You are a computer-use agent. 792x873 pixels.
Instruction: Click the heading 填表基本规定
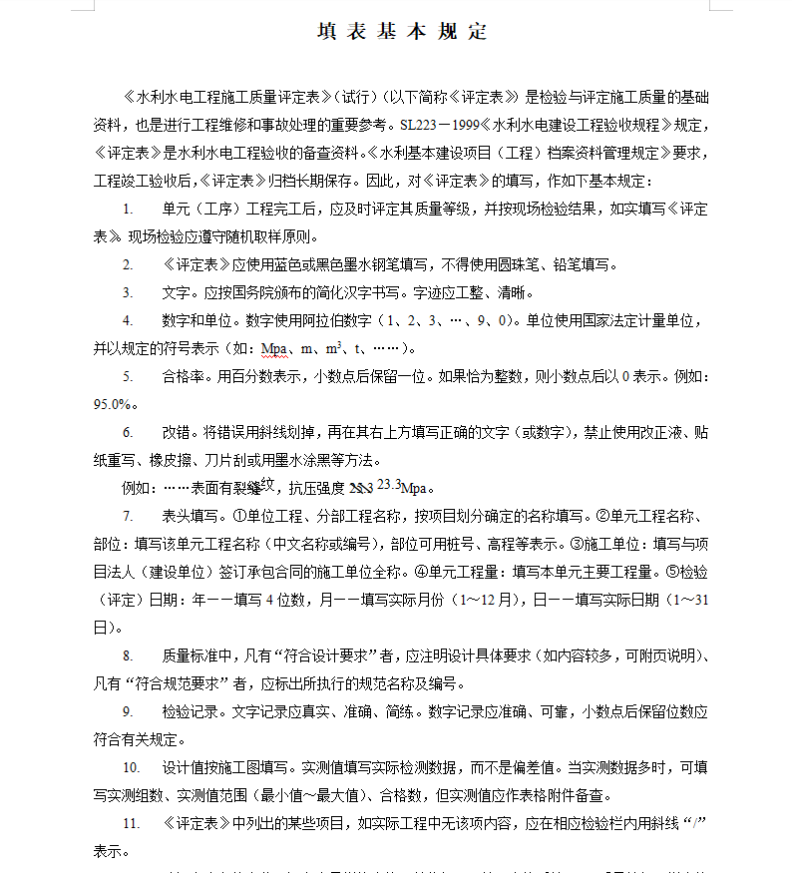[402, 31]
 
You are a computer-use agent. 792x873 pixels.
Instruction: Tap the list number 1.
[128, 210]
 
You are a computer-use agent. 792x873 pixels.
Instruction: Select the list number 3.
[128, 293]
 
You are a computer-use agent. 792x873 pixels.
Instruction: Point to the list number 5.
[128, 377]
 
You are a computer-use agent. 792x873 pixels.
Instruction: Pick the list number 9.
[128, 712]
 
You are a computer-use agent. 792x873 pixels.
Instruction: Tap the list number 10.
[132, 768]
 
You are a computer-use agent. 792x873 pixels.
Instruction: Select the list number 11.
[132, 824]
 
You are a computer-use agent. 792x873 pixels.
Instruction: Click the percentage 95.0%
[113, 405]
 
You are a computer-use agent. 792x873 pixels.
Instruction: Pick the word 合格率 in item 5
[182, 377]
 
